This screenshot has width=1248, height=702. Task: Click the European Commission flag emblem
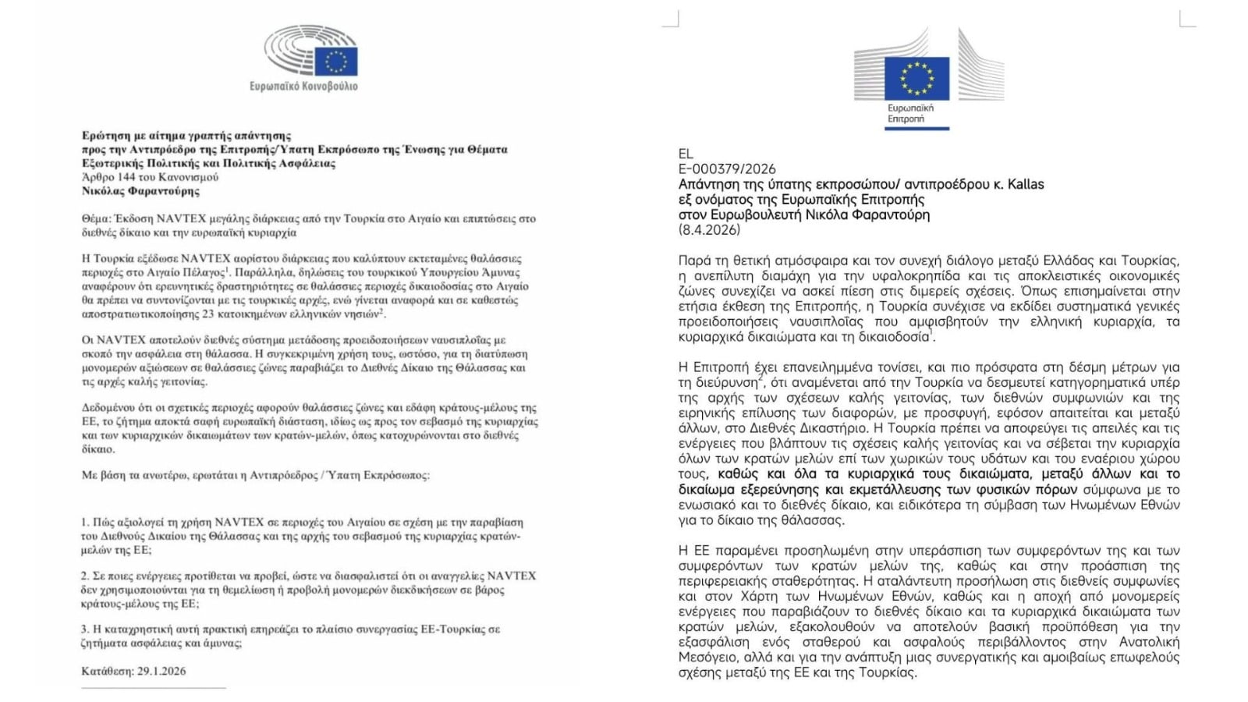click(x=916, y=77)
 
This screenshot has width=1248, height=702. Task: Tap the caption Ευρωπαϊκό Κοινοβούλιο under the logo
click(x=303, y=86)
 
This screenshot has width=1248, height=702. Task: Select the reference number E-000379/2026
click(x=727, y=168)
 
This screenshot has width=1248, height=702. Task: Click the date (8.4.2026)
click(x=709, y=229)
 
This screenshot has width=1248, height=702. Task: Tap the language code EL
click(x=686, y=154)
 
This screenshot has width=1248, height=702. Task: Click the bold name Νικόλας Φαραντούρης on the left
click(x=140, y=191)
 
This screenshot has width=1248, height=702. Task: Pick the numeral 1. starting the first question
click(x=85, y=522)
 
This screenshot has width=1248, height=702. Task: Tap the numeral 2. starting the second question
click(x=85, y=576)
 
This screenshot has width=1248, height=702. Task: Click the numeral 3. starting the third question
click(x=85, y=629)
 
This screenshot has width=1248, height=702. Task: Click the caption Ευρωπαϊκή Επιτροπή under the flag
click(x=909, y=113)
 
